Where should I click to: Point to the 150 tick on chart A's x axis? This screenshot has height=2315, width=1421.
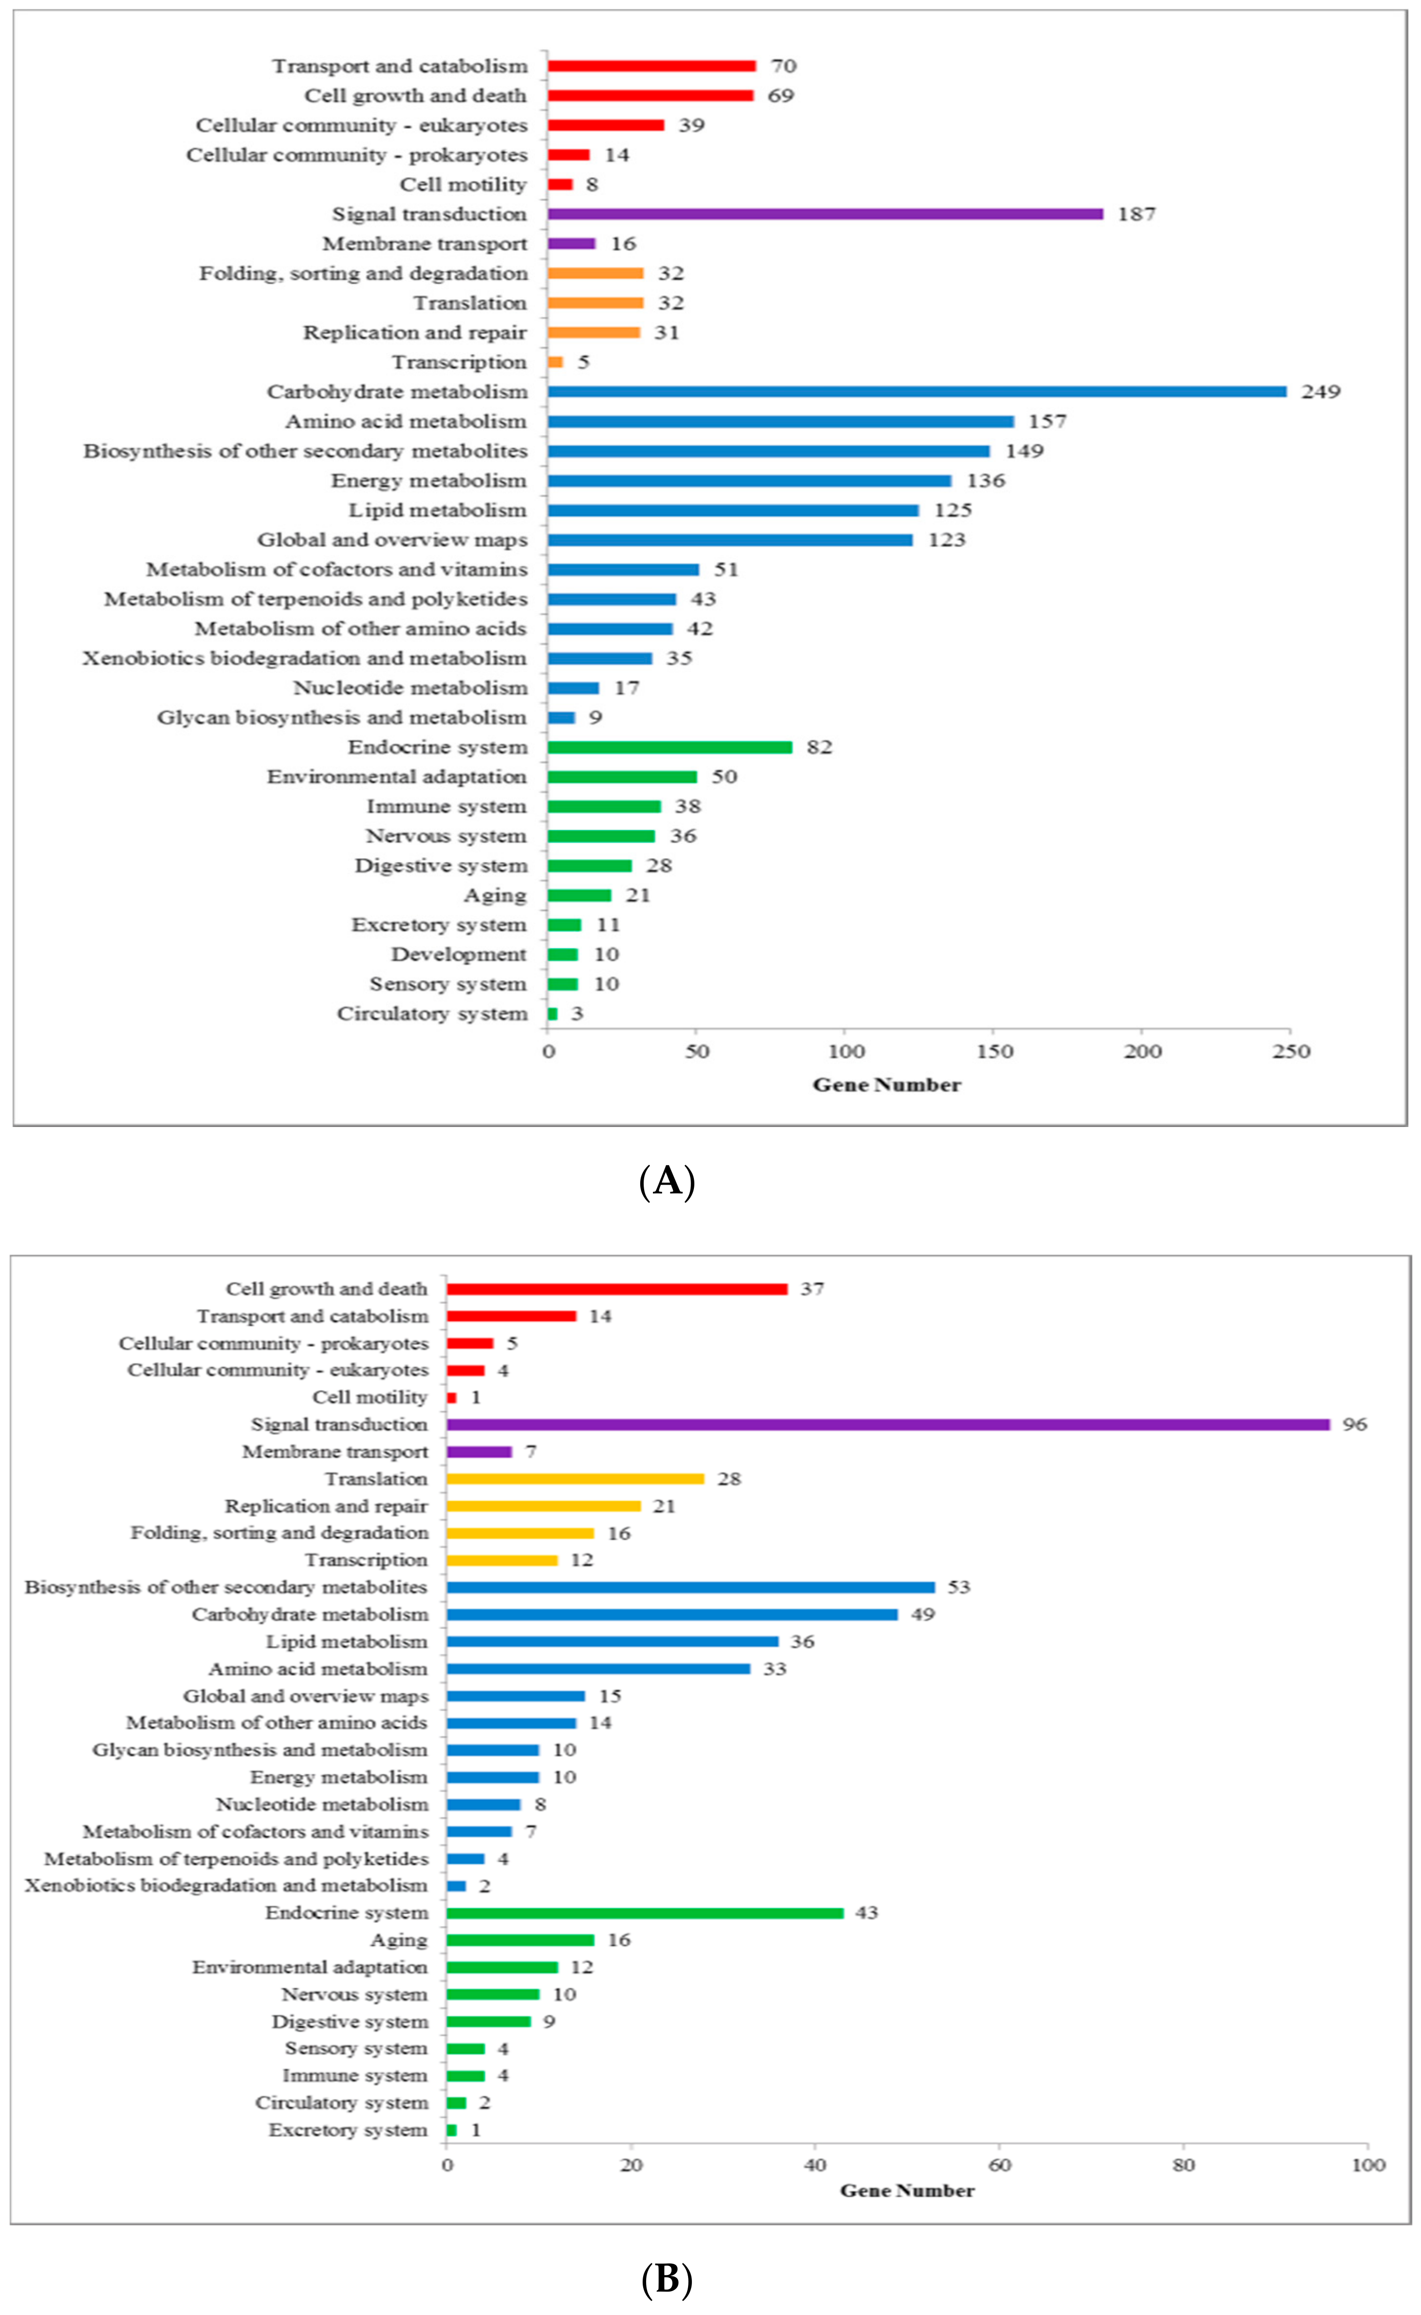(x=994, y=1051)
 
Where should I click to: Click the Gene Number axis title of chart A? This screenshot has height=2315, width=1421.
(x=886, y=1085)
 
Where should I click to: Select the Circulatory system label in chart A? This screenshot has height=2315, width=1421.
(x=432, y=1013)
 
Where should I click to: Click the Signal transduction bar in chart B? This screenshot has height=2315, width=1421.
(x=888, y=1424)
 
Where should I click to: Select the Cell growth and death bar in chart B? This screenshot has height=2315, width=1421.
(x=616, y=1289)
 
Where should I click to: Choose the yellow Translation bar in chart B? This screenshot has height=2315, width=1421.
(x=575, y=1478)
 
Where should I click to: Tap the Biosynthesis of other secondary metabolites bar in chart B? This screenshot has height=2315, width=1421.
(x=691, y=1587)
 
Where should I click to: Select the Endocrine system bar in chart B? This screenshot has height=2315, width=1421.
(x=645, y=1913)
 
